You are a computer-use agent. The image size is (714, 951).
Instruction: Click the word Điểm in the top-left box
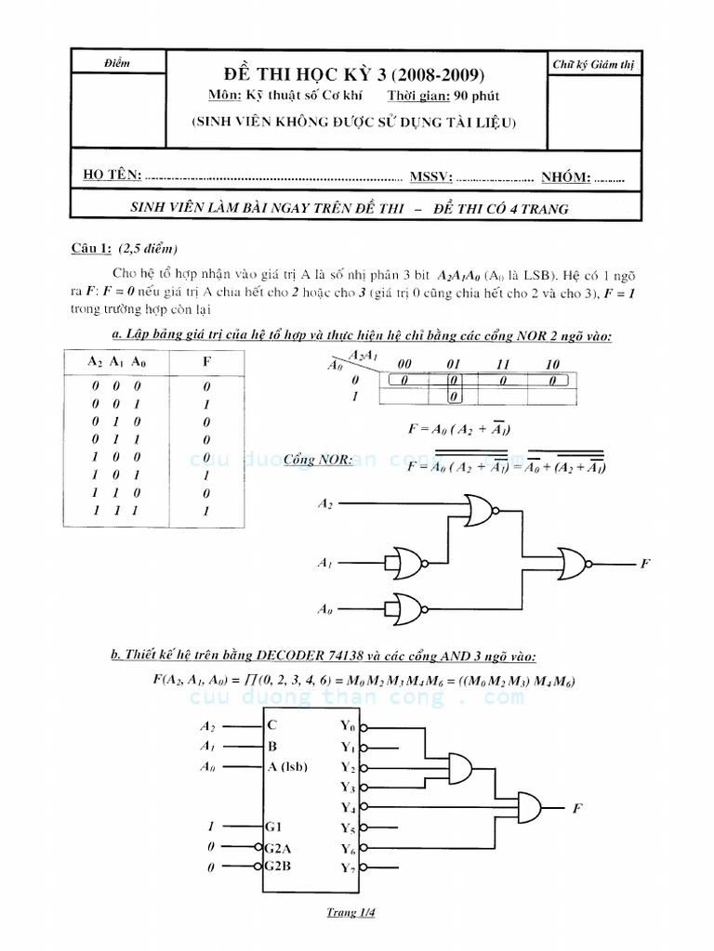coord(118,63)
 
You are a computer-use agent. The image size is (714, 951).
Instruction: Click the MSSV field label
coord(430,176)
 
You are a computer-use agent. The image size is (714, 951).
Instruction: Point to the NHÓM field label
coord(563,176)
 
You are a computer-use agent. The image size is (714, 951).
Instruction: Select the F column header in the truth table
coord(206,361)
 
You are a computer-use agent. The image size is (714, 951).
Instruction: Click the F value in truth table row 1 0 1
coord(206,475)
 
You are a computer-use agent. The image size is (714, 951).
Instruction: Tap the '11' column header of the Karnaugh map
coord(502,364)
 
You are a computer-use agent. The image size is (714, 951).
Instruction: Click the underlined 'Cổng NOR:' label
coord(318,460)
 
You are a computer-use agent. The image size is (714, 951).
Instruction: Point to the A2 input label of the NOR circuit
coord(324,503)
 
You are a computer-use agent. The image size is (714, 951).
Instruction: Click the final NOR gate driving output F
coord(574,563)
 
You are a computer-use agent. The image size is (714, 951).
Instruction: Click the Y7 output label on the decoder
coord(349,868)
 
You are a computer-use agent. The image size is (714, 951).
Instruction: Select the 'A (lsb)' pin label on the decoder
coord(288,766)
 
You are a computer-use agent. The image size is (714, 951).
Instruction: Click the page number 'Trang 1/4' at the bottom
coord(350,912)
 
